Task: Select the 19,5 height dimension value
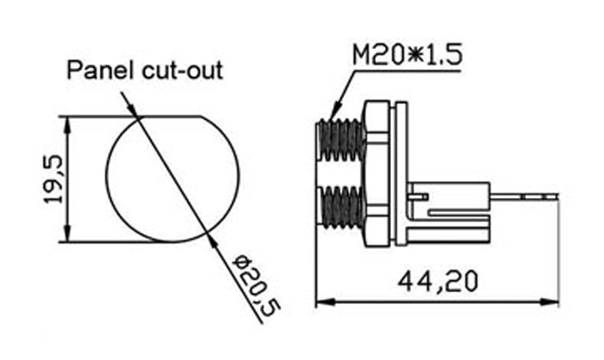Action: click(x=55, y=180)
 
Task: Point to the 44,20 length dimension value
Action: click(x=437, y=282)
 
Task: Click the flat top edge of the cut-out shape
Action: click(x=171, y=117)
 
